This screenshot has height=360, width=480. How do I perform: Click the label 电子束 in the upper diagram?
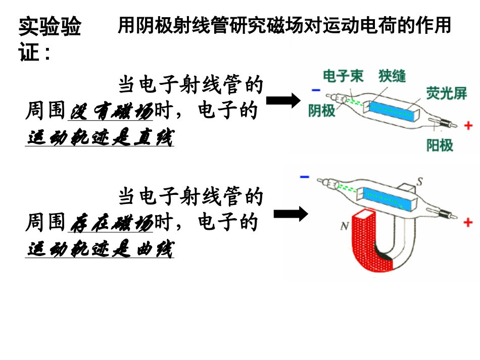coord(343,76)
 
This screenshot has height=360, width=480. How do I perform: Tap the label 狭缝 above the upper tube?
coord(392,76)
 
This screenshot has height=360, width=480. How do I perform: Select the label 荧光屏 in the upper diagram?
coord(446,93)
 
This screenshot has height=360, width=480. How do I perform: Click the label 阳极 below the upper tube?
coord(440,145)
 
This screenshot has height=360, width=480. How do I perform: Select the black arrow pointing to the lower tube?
coord(291,214)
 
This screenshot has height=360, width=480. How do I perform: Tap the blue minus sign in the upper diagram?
coord(316,90)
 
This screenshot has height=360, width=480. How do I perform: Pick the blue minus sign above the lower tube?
coord(305,177)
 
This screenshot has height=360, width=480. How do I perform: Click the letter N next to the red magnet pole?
coord(345,227)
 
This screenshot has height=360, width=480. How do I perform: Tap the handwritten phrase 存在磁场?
coord(111,223)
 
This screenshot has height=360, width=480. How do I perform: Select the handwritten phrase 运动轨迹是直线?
coord(100,138)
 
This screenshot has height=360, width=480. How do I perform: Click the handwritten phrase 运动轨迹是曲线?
coord(100,249)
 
